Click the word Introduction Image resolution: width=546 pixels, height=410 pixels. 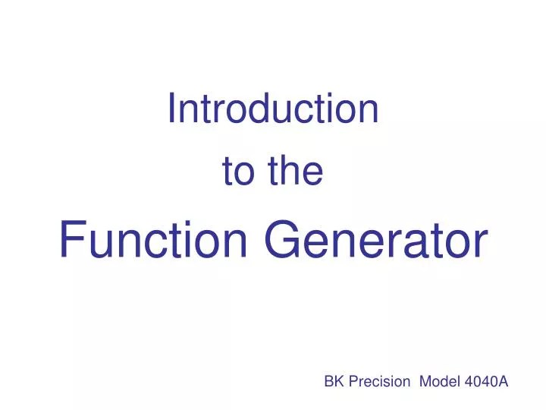(273, 109)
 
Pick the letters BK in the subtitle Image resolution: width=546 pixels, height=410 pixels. (334, 383)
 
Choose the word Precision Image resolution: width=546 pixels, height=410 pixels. (378, 383)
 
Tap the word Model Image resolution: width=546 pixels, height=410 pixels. (436, 383)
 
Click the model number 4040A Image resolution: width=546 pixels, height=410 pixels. (483, 383)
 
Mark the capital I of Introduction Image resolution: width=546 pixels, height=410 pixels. (171, 109)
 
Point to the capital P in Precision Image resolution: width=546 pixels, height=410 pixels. (353, 383)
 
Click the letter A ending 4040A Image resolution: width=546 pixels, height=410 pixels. (503, 383)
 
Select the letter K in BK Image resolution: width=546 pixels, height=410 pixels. (338, 383)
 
